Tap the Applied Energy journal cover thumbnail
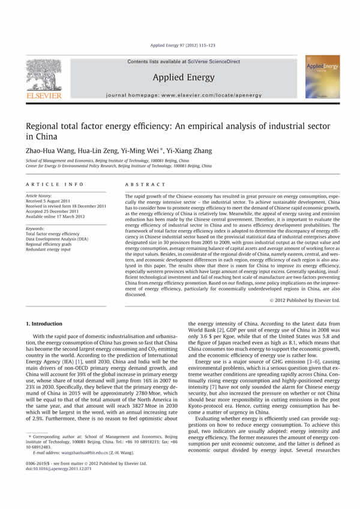[x=323, y=77]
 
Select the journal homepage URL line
[x=181, y=95]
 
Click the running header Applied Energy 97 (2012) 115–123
[x=181, y=46]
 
